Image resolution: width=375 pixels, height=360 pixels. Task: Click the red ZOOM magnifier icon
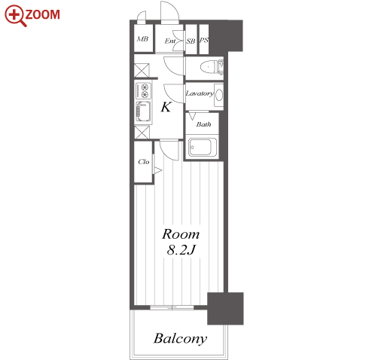point(16,16)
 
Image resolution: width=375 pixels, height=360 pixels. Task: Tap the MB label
point(142,39)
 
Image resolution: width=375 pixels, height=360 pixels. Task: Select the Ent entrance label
point(170,41)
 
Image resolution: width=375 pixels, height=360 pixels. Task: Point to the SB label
point(191,41)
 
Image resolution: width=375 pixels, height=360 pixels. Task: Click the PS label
point(204,40)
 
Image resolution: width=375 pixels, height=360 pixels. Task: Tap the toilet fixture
point(212,67)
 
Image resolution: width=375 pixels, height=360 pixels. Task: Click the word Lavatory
point(200,93)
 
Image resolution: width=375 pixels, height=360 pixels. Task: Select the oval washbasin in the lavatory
point(219,96)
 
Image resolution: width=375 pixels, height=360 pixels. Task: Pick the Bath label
point(203,124)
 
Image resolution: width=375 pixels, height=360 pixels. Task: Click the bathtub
point(203,147)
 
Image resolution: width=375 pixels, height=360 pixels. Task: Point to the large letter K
point(166,107)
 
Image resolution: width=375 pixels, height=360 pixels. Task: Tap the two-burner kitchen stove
point(144,90)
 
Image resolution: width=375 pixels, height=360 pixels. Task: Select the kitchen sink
point(143,112)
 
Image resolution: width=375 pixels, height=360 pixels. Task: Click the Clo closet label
point(144,162)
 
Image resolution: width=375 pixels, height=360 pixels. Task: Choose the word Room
point(181,234)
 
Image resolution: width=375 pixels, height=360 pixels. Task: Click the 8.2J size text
point(181,250)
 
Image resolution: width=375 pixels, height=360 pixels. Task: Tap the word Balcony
point(180,339)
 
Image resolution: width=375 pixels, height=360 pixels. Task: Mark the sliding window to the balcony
point(172,307)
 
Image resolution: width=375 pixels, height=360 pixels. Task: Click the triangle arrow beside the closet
point(157,170)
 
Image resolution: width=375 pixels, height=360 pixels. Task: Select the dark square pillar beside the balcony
point(225,309)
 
